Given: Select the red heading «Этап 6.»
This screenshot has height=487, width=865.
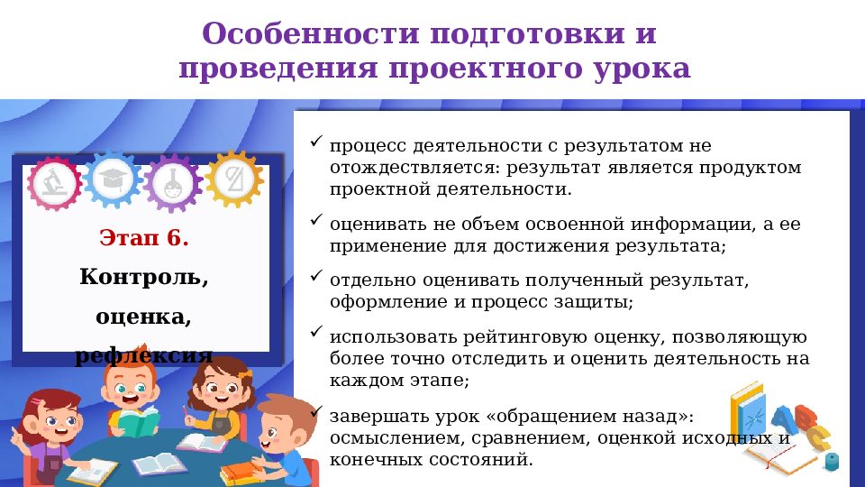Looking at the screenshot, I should point(144,239).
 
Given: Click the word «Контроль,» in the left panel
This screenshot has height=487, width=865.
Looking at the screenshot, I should point(144,277).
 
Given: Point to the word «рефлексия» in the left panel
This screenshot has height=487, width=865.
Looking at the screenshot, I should point(144,354).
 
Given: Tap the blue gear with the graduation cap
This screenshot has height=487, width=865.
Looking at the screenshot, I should point(114,178).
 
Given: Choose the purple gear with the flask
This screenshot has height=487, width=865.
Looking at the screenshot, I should point(173,180).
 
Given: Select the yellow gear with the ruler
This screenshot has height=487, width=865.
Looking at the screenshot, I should point(234,178).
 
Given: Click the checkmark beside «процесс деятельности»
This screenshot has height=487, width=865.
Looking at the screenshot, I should point(315,142).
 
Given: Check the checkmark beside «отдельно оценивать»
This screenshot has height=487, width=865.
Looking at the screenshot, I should point(315,275).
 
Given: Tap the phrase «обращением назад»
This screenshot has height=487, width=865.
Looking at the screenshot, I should point(600,418).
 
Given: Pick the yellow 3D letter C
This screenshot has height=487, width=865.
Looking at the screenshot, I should point(818,439).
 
